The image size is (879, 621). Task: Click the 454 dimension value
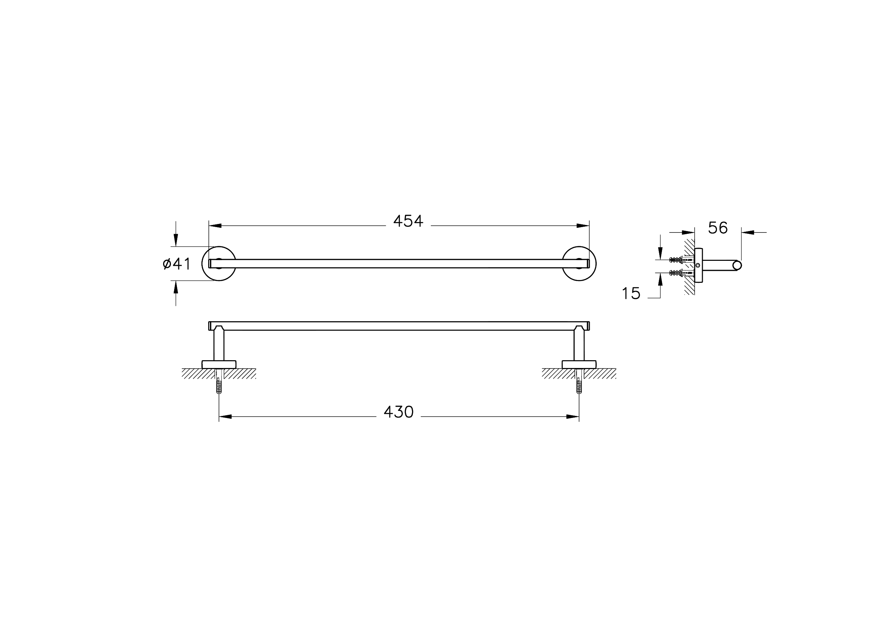pyautogui.click(x=408, y=221)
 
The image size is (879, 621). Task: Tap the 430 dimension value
pyautogui.click(x=399, y=412)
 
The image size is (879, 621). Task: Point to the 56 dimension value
pyautogui.click(x=718, y=228)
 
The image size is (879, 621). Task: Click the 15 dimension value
pyautogui.click(x=631, y=293)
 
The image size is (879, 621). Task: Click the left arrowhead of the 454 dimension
pyautogui.click(x=215, y=226)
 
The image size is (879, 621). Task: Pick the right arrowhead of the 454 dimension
pyautogui.click(x=583, y=226)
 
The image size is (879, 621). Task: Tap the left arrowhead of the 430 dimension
pyautogui.click(x=225, y=417)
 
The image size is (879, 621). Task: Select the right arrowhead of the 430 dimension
pyautogui.click(x=573, y=417)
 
